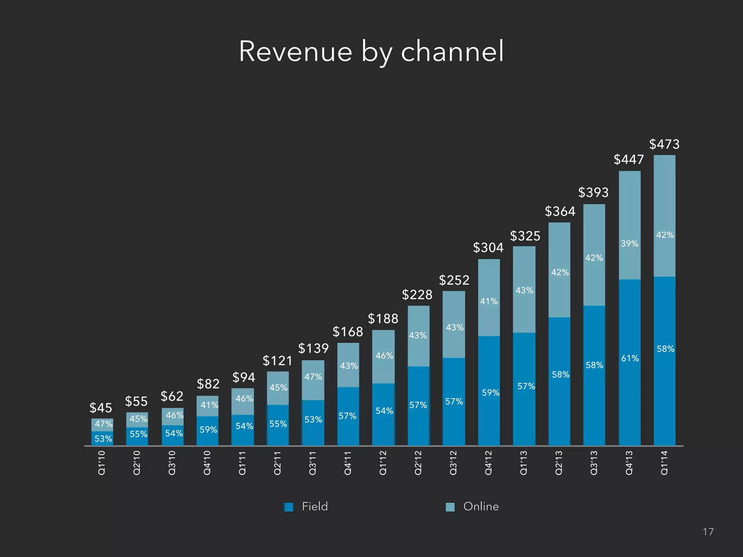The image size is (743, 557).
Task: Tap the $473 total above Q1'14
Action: [x=664, y=144]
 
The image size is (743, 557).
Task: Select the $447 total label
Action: [x=628, y=160]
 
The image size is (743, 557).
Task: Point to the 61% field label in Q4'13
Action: [x=630, y=358]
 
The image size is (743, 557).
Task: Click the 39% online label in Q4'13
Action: [x=629, y=244]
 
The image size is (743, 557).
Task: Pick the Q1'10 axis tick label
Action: [x=102, y=462]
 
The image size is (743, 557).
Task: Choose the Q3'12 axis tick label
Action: [x=453, y=462]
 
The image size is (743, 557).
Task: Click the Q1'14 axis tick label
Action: [x=664, y=462]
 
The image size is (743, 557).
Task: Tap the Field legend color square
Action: [x=289, y=507]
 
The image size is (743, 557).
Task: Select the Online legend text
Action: [x=481, y=507]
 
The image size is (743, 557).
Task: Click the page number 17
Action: [x=708, y=532]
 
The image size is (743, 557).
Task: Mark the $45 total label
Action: [x=100, y=408]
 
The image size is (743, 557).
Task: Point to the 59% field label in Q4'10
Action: [x=208, y=430]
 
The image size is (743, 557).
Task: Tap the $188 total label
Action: [x=383, y=319]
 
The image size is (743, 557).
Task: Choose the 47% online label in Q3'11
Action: [x=313, y=377]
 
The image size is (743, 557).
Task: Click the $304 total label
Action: [x=488, y=248]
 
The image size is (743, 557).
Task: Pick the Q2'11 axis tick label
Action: [x=278, y=462]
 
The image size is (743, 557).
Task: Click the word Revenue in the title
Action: [x=295, y=51]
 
